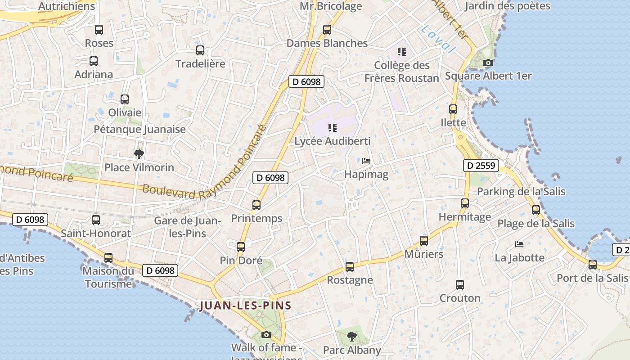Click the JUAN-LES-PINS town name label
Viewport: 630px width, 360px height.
pyautogui.click(x=245, y=306)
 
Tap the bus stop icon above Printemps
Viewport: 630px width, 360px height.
pyautogui.click(x=256, y=205)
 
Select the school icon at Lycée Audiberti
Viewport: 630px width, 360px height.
pyautogui.click(x=333, y=128)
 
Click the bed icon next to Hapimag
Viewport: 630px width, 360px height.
pyautogui.click(x=366, y=161)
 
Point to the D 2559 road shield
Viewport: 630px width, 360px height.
pyautogui.click(x=481, y=166)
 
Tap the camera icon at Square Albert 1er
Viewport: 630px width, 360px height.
pyautogui.click(x=488, y=63)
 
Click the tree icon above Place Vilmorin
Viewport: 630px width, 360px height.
pyautogui.click(x=139, y=154)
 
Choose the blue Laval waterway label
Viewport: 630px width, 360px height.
pyautogui.click(x=438, y=40)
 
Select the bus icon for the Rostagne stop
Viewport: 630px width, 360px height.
pyautogui.click(x=350, y=267)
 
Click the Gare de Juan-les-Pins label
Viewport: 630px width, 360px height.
pyautogui.click(x=187, y=227)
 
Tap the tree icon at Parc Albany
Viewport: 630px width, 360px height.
pyautogui.click(x=352, y=337)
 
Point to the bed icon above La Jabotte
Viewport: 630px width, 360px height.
pyautogui.click(x=519, y=244)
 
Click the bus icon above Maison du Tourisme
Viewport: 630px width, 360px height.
pyautogui.click(x=108, y=258)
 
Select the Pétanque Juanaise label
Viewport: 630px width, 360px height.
pyautogui.click(x=139, y=130)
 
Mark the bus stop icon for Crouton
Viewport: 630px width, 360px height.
pyautogui.click(x=460, y=285)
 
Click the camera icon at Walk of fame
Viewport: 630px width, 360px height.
pyautogui.click(x=266, y=334)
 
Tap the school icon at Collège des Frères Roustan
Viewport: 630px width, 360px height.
pyautogui.click(x=402, y=52)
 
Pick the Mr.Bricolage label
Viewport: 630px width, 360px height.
pyautogui.click(x=331, y=6)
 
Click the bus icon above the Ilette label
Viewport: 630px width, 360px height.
pyautogui.click(x=453, y=109)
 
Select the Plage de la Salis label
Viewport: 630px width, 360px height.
pyautogui.click(x=535, y=224)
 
